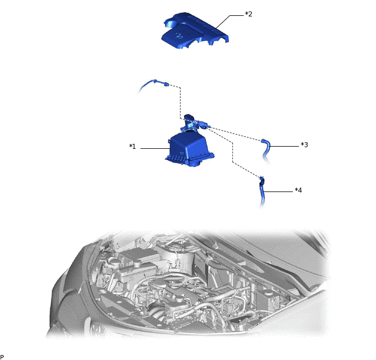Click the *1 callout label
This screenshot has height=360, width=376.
[x=132, y=147]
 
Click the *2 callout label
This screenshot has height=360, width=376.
[x=249, y=14]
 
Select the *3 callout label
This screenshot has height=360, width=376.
[x=304, y=145]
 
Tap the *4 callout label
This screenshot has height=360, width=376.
[x=298, y=190]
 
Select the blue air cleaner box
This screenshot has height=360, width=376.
[x=189, y=148]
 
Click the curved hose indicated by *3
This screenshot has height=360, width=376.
[x=268, y=148]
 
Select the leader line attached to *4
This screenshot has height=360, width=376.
[x=279, y=191]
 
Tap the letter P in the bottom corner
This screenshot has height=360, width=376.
[x=2, y=356]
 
